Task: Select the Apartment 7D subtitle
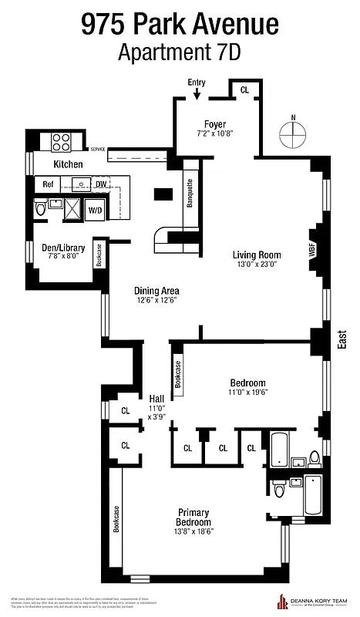click(180, 53)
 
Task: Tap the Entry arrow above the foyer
click(197, 93)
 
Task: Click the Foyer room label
click(215, 124)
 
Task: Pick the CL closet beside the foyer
click(244, 89)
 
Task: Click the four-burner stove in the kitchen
click(62, 143)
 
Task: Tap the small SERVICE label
click(98, 149)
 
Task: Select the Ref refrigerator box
click(48, 185)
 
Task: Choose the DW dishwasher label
click(101, 185)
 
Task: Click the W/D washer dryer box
click(95, 210)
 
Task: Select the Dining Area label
click(156, 290)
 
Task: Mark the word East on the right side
click(342, 340)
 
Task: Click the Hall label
click(156, 399)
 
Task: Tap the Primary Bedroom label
click(193, 518)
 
